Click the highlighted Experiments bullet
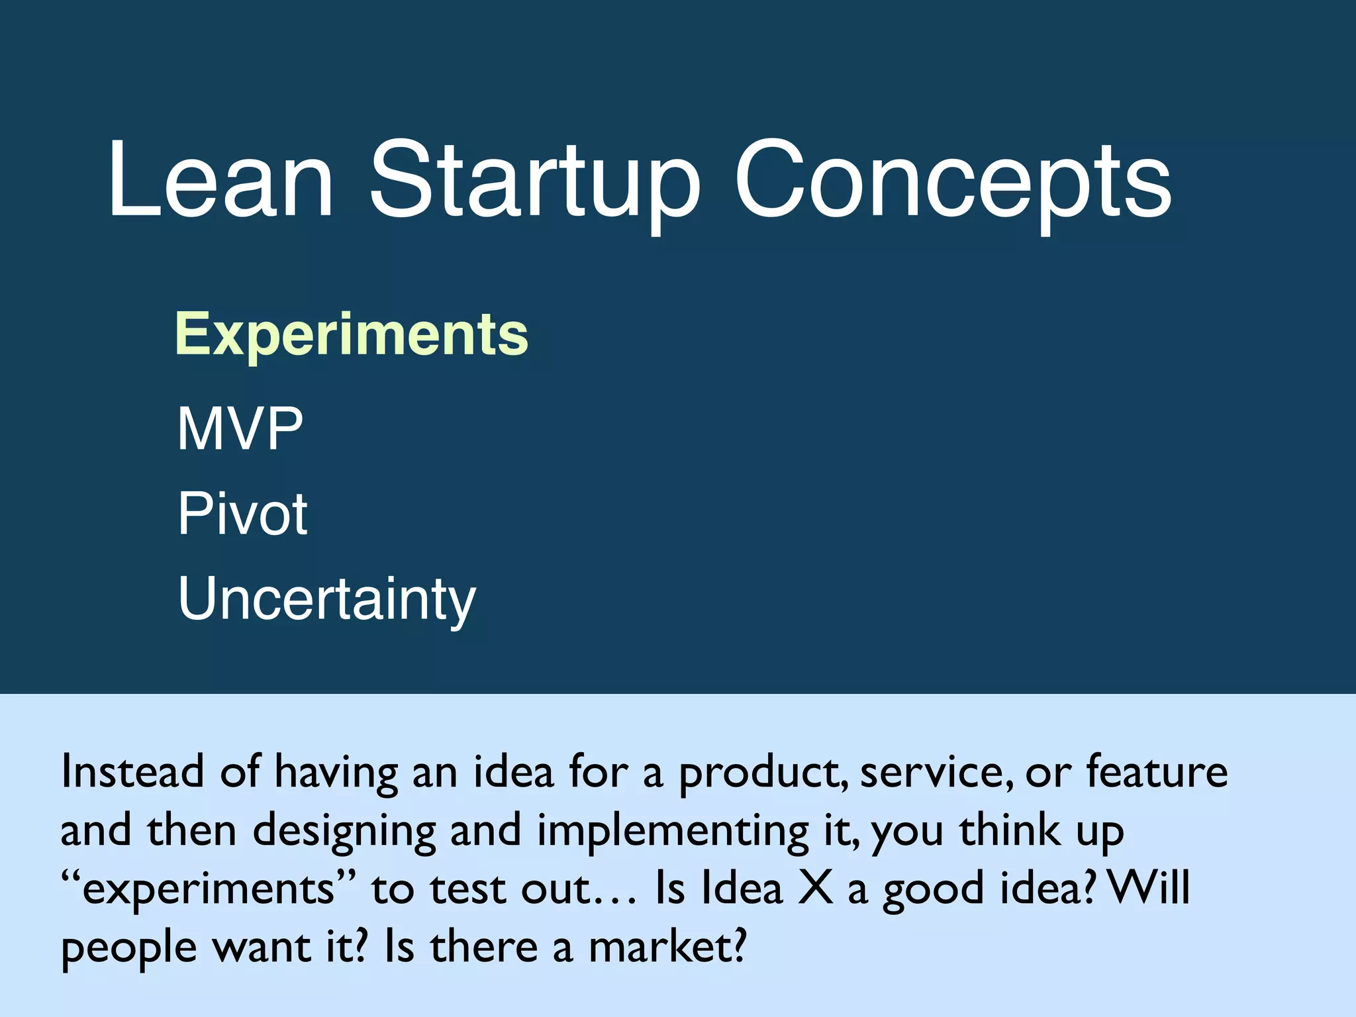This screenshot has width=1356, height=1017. (x=352, y=334)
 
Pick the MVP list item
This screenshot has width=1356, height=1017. (x=240, y=429)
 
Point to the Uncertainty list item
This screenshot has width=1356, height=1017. (x=326, y=599)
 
